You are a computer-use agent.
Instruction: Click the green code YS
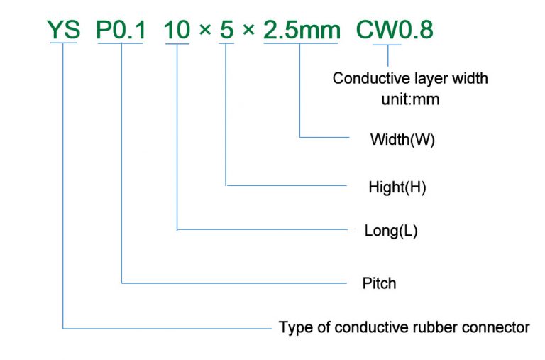click(x=63, y=30)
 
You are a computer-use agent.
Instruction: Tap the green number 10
click(x=177, y=30)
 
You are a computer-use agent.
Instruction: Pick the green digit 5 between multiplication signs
click(x=226, y=30)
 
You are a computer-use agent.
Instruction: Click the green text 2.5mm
click(x=300, y=30)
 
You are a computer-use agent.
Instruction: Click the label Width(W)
click(x=402, y=139)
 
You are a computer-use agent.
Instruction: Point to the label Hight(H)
click(x=397, y=187)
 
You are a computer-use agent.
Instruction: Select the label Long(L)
click(x=390, y=231)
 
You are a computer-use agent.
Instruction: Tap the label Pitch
click(x=379, y=283)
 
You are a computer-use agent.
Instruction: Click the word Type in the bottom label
click(x=294, y=327)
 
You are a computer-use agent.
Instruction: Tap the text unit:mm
click(x=410, y=99)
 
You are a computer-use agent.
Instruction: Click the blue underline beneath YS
click(x=63, y=44)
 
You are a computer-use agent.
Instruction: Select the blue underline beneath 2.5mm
click(x=300, y=44)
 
